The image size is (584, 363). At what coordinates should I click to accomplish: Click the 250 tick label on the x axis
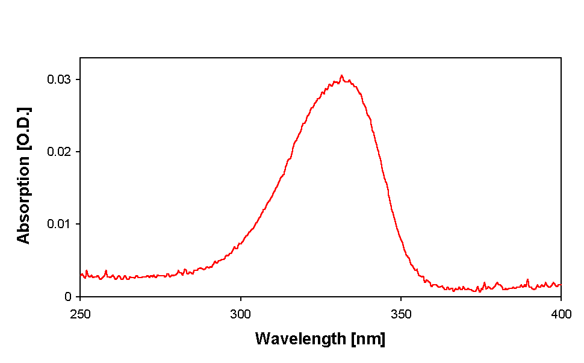80,314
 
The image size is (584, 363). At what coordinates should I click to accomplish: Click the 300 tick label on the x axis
240,314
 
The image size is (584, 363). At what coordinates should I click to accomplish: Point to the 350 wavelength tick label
401,314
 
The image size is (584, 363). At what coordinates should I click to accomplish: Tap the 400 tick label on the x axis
561,314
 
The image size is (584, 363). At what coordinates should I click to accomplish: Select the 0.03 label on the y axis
60,79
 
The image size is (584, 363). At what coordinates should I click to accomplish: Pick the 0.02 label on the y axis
60,152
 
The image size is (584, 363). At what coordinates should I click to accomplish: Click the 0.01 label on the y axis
60,224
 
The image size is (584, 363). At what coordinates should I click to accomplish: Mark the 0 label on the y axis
68,297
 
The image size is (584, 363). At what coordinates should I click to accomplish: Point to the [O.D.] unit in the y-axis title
23,129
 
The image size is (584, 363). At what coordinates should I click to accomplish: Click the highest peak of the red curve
341,76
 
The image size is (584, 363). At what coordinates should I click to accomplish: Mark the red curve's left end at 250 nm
81,275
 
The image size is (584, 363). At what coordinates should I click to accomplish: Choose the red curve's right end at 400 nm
561,285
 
